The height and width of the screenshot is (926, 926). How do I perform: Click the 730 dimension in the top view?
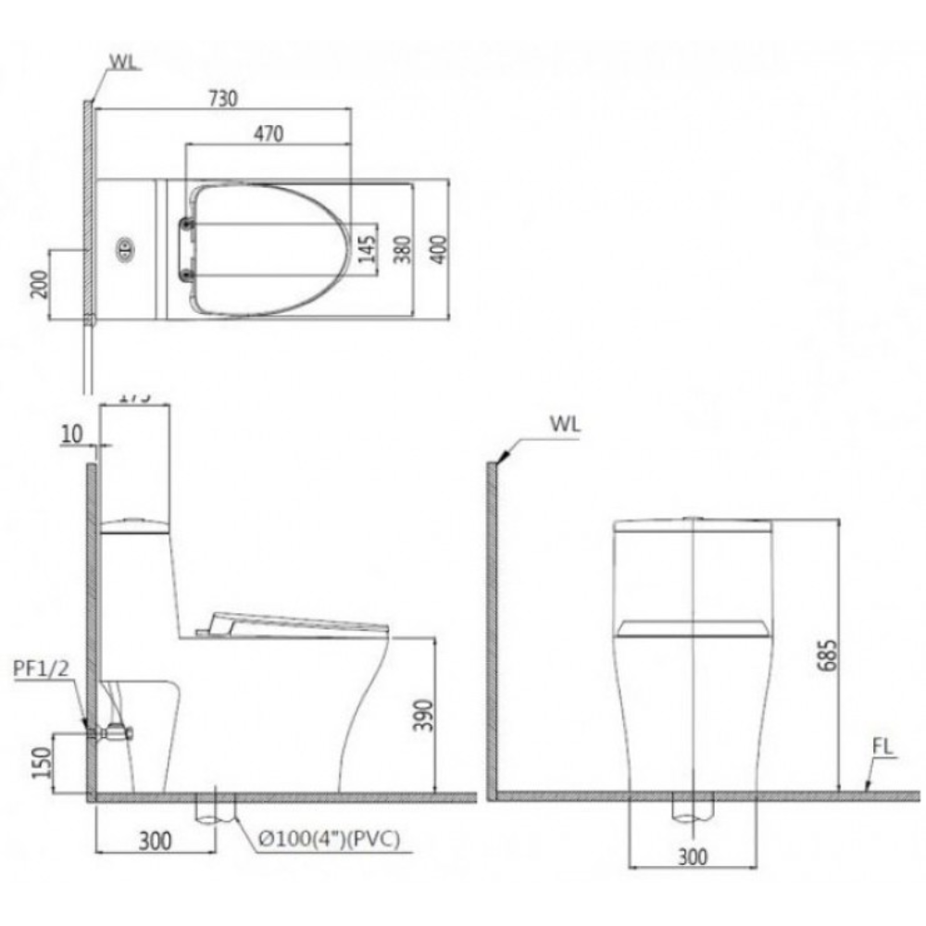pos(226,97)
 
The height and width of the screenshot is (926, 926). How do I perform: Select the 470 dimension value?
pos(268,133)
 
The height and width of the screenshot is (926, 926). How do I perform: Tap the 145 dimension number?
pos(368,247)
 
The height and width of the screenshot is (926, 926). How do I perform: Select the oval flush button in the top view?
pos(123,247)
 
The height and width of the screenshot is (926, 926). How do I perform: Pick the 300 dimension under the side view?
pos(156,840)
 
